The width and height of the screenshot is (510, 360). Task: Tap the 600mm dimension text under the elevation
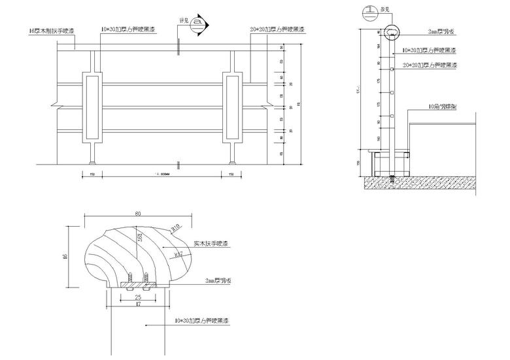point(160,174)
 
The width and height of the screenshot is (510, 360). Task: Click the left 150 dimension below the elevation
point(92,174)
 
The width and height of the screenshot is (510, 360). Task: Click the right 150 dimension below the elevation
point(231,174)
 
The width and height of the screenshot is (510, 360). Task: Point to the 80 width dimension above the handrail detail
point(139,213)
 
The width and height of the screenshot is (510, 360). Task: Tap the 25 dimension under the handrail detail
point(138,296)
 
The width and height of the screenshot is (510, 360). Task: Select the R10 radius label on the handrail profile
point(175,227)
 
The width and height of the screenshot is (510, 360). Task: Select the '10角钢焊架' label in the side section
point(441,106)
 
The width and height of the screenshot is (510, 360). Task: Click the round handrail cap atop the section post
point(392,33)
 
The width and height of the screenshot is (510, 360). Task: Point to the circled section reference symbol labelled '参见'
point(371,10)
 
